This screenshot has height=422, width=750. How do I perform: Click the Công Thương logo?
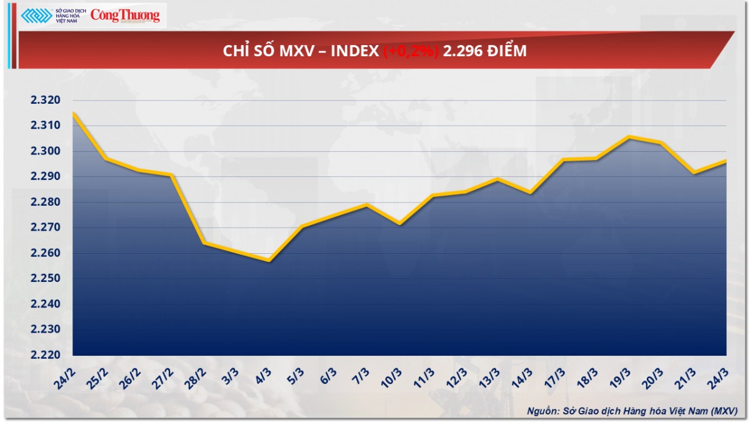point(125,16)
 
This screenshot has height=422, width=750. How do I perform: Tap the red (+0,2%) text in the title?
point(410,51)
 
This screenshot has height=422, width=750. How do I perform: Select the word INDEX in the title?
point(354,51)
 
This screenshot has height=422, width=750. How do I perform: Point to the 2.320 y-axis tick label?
point(46,101)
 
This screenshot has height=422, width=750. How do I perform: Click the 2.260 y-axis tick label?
point(46,253)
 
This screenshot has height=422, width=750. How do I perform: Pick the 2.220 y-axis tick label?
point(46,355)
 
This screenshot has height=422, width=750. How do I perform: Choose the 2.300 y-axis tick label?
point(46,151)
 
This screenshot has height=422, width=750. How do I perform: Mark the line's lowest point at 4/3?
point(269,261)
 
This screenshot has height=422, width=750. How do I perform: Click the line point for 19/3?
point(628,137)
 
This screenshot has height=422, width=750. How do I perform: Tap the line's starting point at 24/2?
point(73,113)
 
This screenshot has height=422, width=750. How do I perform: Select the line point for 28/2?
point(204,243)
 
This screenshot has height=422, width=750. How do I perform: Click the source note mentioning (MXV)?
point(632,410)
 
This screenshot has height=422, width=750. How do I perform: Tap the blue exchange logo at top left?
point(36,16)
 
